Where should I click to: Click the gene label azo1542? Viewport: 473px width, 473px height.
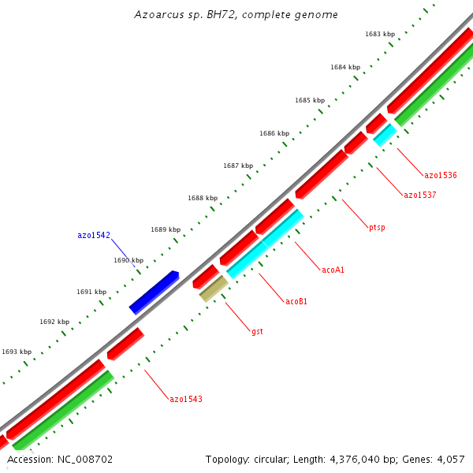93,235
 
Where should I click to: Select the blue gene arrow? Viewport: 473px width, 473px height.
154,292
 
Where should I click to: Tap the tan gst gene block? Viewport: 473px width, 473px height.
214,289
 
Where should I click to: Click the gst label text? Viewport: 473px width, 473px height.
257,332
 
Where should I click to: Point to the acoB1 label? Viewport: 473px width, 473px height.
296,301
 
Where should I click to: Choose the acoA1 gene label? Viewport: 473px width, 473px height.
333,270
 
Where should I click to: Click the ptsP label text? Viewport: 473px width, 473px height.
377,228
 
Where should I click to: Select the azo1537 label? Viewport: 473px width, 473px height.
419,196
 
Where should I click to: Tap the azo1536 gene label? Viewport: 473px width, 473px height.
441,175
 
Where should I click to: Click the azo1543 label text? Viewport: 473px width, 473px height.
186,399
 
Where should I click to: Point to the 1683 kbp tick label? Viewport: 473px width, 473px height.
379,34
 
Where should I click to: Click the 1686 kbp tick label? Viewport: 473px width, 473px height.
274,133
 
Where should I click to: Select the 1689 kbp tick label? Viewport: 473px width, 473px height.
165,229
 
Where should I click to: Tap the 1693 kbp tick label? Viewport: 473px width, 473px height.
17,352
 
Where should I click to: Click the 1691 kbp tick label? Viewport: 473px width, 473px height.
91,292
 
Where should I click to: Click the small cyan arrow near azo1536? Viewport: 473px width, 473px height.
385,135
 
